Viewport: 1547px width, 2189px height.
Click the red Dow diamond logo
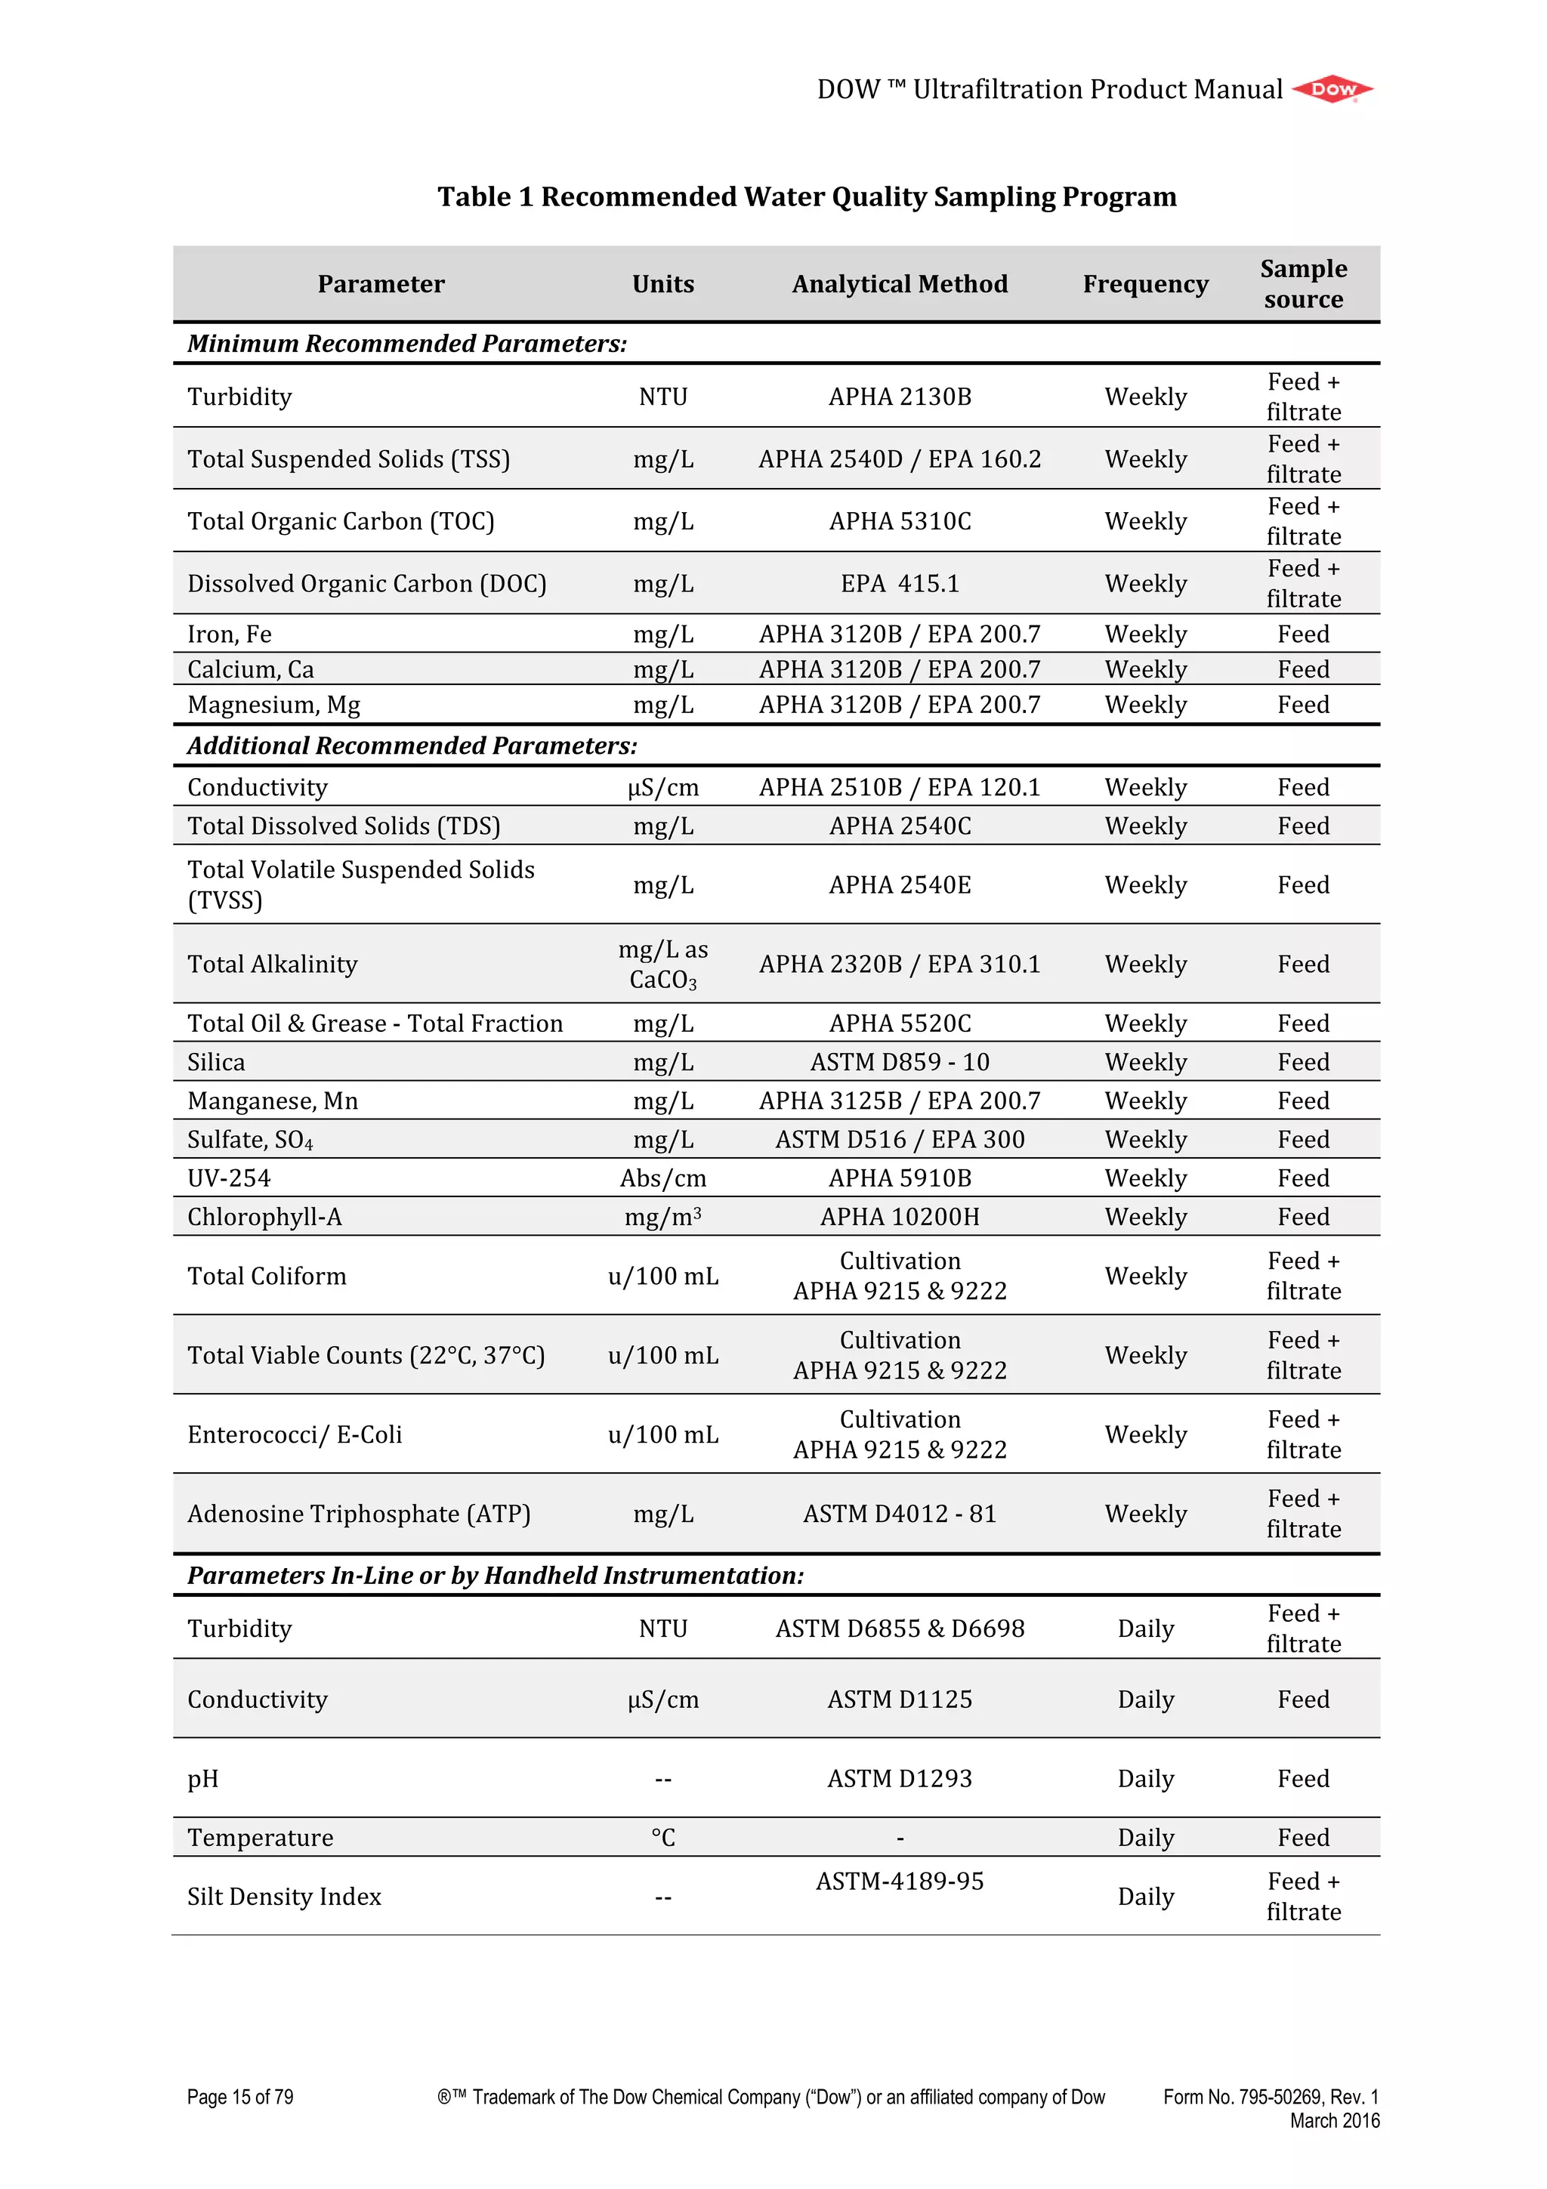click(x=1332, y=90)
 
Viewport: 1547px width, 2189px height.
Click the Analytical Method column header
click(x=899, y=284)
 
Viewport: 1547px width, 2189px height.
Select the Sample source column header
click(x=1303, y=284)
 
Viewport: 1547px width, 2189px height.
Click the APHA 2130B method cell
click(x=899, y=397)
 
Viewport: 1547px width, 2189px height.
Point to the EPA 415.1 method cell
click(x=899, y=583)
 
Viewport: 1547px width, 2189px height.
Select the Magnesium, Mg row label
click(x=273, y=705)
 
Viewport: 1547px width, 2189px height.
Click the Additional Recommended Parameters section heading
click(x=412, y=746)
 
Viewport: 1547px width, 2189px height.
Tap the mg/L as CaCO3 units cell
click(x=662, y=964)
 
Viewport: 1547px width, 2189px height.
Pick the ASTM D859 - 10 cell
click(x=899, y=1062)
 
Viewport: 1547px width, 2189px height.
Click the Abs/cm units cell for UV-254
click(x=662, y=1178)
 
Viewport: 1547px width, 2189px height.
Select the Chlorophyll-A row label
click(x=264, y=1218)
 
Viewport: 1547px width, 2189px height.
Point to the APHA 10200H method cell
click(x=899, y=1218)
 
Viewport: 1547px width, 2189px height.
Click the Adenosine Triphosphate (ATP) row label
click(x=358, y=1514)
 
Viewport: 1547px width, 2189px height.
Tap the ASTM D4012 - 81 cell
click(x=899, y=1514)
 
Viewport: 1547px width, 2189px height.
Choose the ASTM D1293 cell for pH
click(x=899, y=1779)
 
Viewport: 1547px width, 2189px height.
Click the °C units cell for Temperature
click(x=662, y=1839)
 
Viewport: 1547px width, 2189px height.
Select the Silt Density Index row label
click(x=284, y=1897)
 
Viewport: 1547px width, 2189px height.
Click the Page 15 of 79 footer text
click(x=240, y=2098)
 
